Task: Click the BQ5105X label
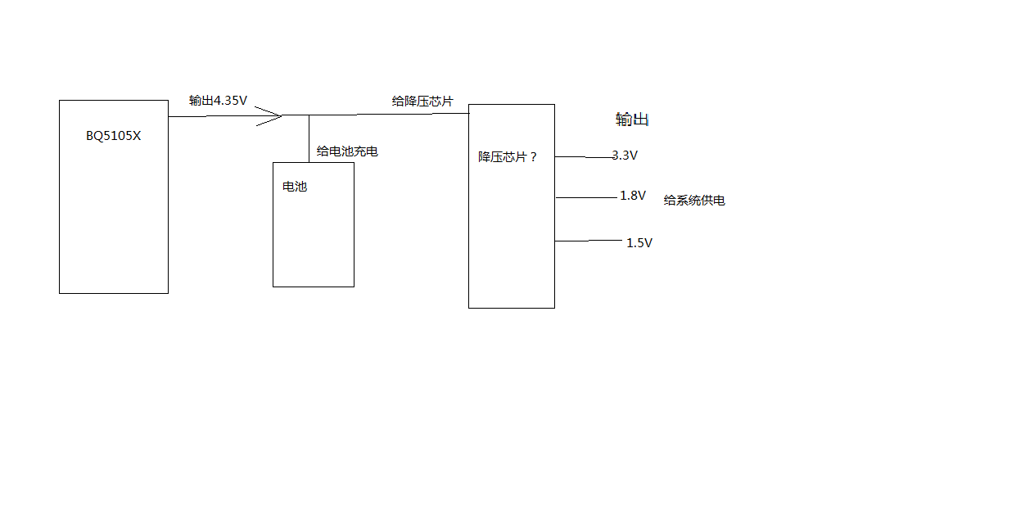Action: click(113, 136)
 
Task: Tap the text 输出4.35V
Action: click(218, 101)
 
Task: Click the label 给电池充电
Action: click(347, 151)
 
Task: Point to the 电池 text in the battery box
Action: click(294, 187)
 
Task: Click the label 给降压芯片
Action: click(422, 101)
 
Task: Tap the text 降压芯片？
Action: click(508, 156)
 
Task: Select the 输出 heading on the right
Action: click(632, 120)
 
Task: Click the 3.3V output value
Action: click(625, 155)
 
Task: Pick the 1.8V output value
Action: click(633, 196)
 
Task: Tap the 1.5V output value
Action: click(639, 243)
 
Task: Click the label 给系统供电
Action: click(694, 201)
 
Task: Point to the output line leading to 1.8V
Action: click(585, 197)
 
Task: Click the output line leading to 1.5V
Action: click(588, 241)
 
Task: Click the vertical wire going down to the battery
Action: click(309, 139)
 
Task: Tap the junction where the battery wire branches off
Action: click(309, 115)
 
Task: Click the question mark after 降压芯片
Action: click(534, 156)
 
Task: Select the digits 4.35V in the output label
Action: click(230, 101)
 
